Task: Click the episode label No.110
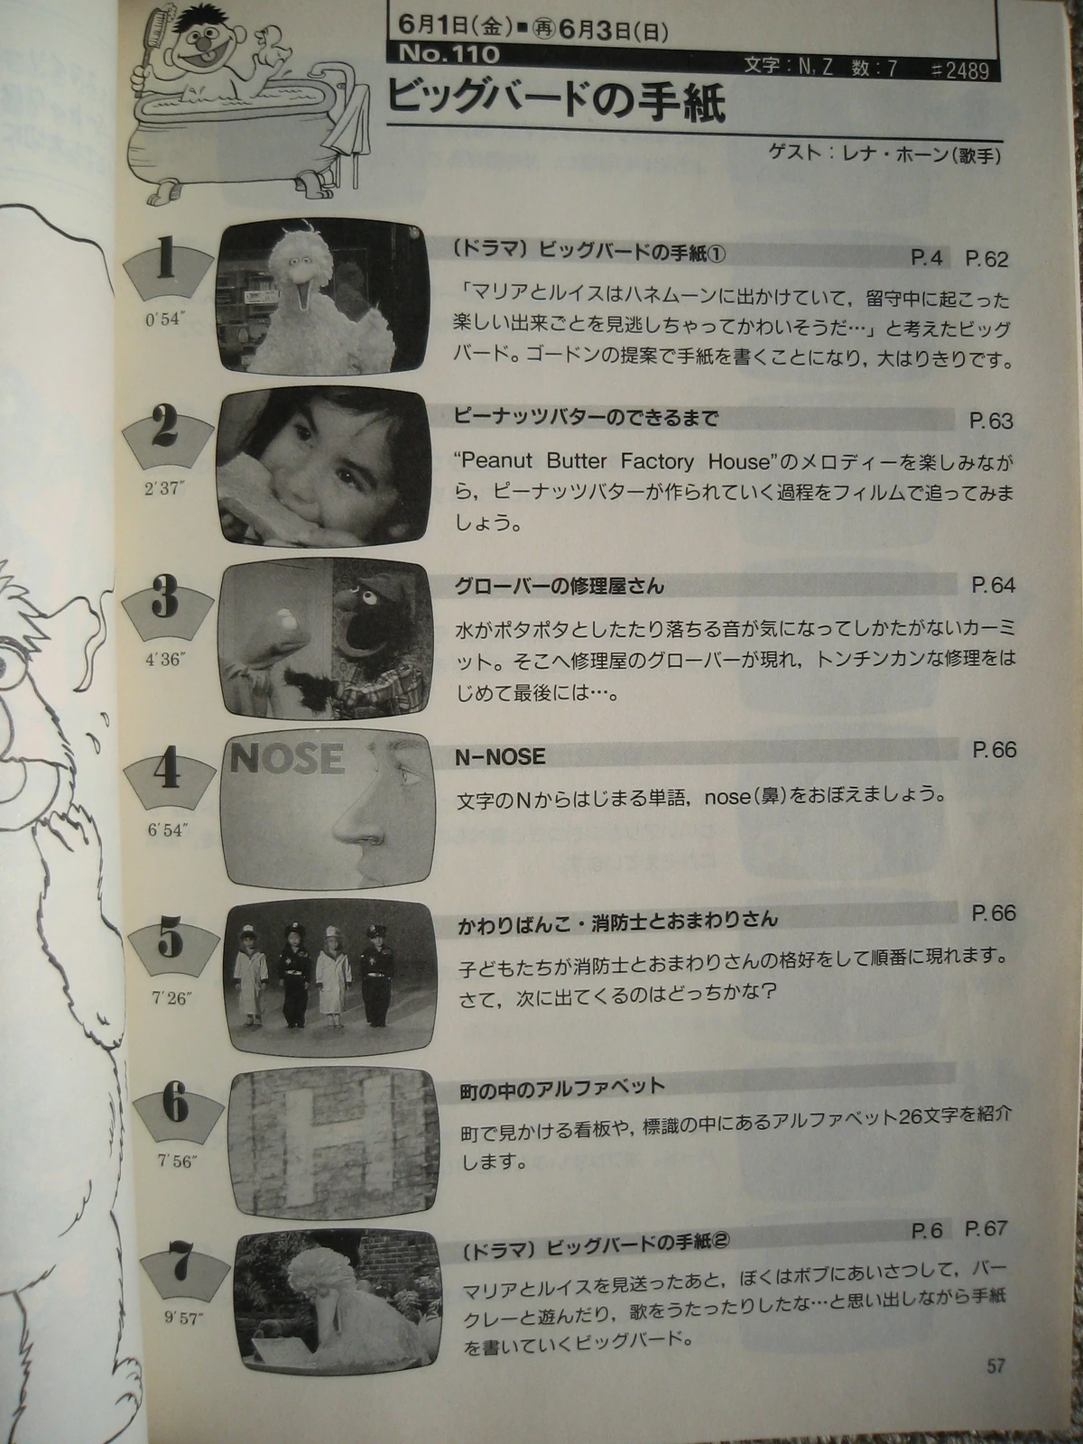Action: coord(449,54)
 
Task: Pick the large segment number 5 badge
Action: coord(170,943)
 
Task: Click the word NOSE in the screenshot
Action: coord(287,758)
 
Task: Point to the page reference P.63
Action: coord(990,421)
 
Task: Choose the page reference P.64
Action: coord(992,585)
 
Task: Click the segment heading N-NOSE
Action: coord(500,757)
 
